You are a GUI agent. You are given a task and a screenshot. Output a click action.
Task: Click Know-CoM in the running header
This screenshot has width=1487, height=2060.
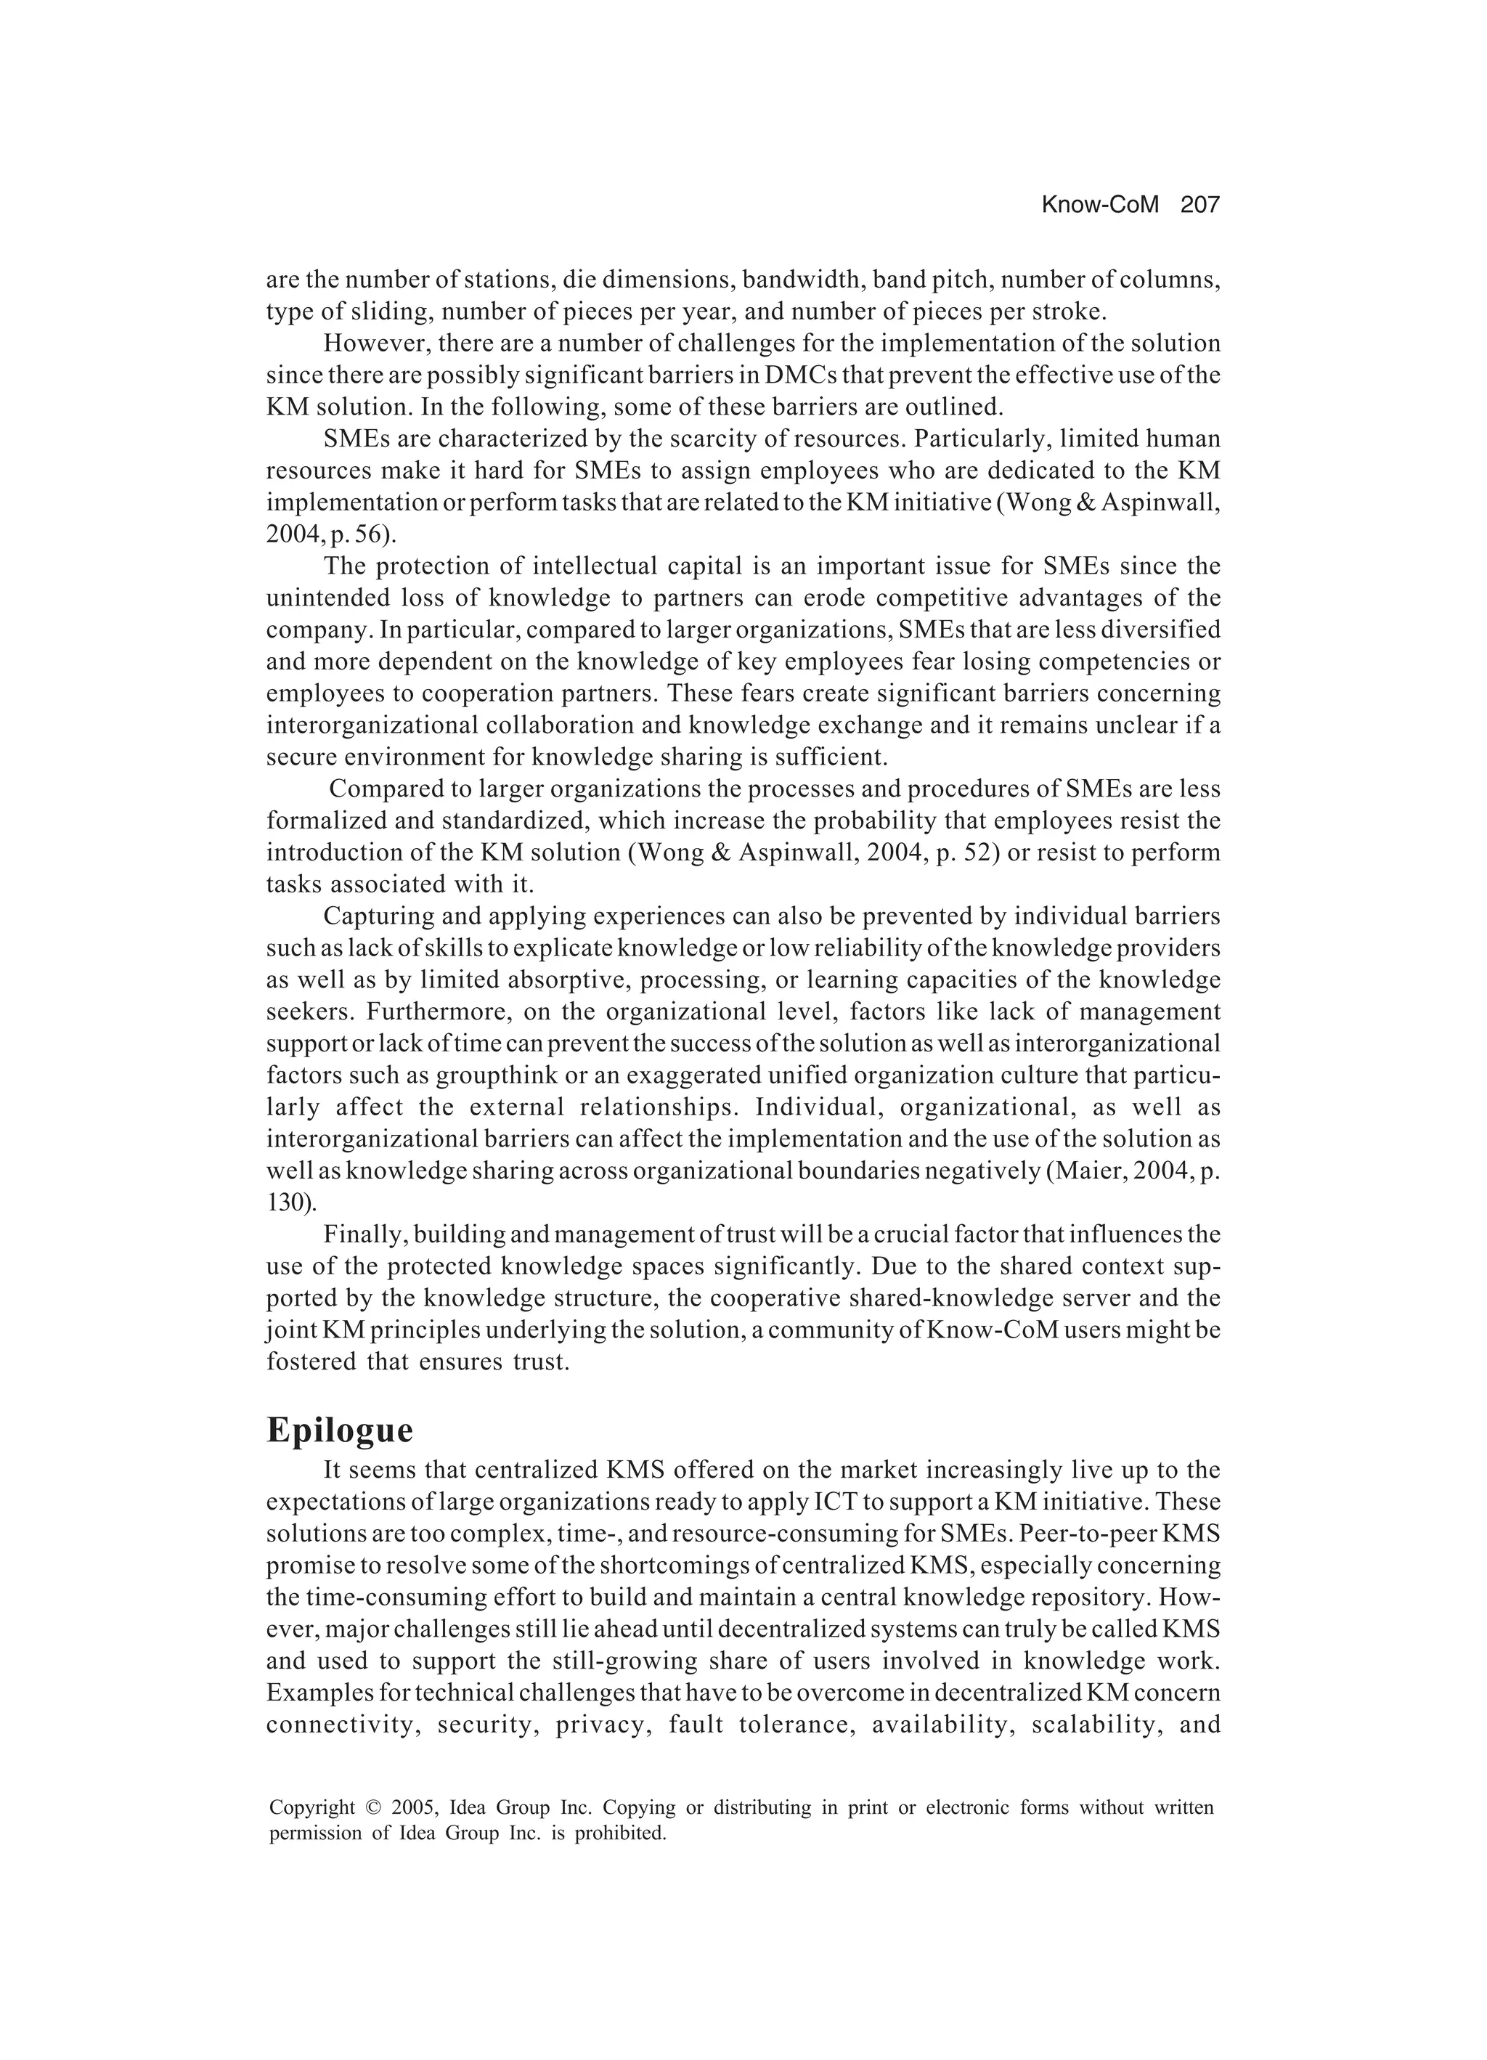click(x=1099, y=205)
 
